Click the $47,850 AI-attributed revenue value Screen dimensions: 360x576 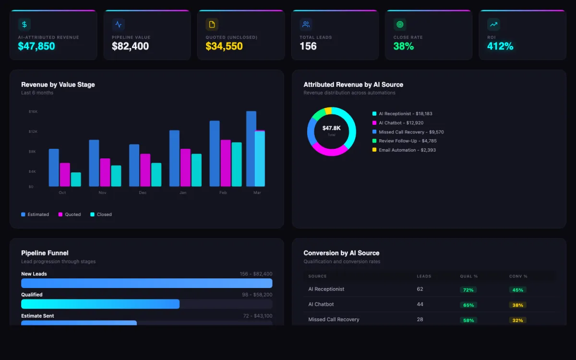(36, 47)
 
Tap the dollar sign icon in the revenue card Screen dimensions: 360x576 (24, 24)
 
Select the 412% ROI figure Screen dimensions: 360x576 (500, 47)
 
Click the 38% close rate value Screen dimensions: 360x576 (403, 47)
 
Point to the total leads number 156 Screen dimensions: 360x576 (308, 47)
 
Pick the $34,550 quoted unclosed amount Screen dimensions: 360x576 (224, 47)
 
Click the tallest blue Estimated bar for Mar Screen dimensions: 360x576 (251, 149)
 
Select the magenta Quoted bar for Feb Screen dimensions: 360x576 (226, 163)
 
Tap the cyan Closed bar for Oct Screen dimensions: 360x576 (76, 180)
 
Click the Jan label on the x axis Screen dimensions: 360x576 (183, 193)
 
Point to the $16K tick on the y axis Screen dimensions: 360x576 (33, 112)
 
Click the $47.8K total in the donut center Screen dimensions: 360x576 (331, 128)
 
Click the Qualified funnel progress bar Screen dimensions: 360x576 (100, 304)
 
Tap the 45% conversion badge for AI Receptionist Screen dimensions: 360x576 (517, 290)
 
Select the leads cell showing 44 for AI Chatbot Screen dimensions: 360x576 (420, 304)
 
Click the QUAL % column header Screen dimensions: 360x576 (468, 276)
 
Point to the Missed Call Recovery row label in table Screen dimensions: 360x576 (334, 320)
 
